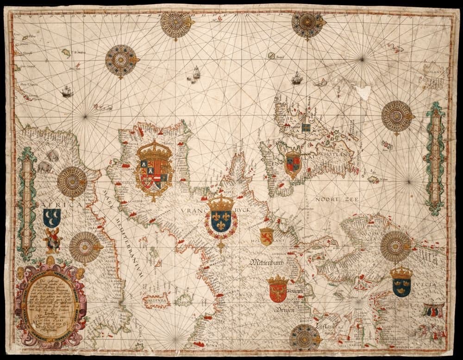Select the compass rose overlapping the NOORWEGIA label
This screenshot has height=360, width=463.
[x=395, y=246]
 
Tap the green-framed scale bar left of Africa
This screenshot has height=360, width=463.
[x=26, y=204]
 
